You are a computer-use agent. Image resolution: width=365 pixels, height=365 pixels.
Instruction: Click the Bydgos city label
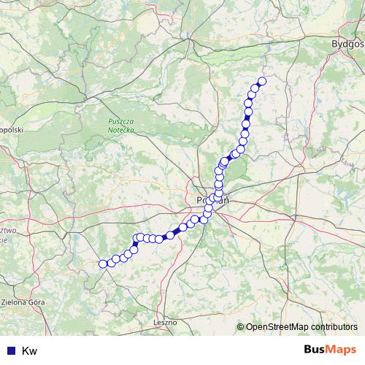(347, 44)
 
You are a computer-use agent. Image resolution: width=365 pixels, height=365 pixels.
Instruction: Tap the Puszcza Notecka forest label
(120, 124)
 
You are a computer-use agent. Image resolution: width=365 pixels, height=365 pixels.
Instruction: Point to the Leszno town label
(165, 321)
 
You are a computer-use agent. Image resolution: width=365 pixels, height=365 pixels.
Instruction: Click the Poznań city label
(212, 199)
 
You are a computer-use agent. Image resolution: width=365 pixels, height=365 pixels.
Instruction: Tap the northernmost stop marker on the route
(262, 81)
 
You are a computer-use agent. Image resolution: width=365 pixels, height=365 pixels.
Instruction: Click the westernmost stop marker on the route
(103, 264)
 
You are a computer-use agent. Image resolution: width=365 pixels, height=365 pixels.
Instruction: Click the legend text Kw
(30, 351)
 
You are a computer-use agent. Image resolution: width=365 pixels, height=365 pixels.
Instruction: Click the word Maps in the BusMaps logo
(345, 351)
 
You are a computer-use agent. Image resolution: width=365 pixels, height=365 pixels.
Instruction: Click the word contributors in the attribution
(336, 327)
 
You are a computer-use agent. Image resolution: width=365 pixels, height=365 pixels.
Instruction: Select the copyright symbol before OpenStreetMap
(241, 327)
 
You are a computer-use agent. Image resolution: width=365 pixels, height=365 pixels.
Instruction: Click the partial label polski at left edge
(11, 129)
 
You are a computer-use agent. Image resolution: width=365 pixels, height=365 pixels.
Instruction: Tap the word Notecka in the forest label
(120, 128)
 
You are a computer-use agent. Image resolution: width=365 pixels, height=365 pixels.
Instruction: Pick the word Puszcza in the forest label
(120, 120)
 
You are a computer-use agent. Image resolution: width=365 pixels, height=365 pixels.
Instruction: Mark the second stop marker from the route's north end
(255, 88)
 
